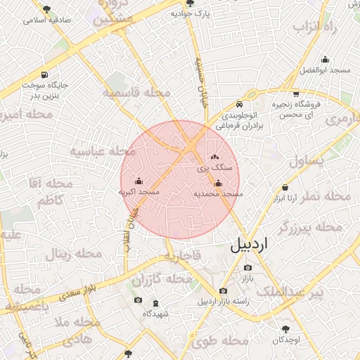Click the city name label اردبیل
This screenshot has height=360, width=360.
point(249,246)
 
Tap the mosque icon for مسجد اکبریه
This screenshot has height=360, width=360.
point(139,180)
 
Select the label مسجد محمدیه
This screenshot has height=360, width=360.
point(218,193)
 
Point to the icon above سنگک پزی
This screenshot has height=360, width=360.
point(214,157)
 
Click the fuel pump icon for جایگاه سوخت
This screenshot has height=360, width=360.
point(45,75)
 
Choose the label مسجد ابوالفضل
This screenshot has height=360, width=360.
point(325,70)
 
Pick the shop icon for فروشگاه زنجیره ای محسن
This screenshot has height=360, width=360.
point(296,94)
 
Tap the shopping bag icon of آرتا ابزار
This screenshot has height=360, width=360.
point(285,187)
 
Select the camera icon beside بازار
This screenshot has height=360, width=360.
point(247,268)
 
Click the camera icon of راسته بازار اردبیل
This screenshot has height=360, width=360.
point(223,290)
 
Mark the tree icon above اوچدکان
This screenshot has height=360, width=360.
point(285,328)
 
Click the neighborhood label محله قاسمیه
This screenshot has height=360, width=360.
point(136,92)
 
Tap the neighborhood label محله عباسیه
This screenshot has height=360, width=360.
point(102,151)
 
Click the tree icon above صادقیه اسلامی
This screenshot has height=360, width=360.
point(47,10)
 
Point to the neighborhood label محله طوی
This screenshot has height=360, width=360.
point(211,342)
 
